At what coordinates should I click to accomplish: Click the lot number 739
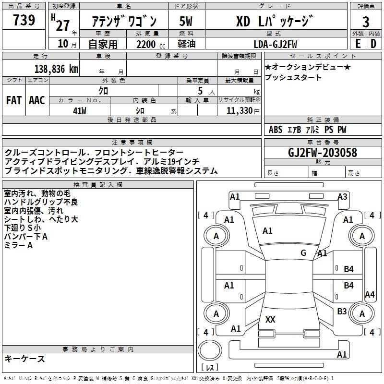pos(24,21)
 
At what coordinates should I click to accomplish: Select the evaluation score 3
pos(366,22)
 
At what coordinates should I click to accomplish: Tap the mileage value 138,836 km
pos(56,69)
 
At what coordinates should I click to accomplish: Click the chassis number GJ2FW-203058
pos(323,153)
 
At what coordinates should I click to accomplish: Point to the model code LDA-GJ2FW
pos(275,44)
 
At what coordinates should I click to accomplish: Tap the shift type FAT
pos(14,100)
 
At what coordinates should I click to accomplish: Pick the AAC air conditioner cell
pos(37,100)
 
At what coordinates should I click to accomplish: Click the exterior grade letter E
pos(358,44)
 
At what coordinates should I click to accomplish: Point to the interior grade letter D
pos(373,44)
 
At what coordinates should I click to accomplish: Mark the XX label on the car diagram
pos(270,320)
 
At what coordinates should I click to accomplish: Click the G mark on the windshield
pos(303,252)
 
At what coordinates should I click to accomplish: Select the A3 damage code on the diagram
pos(342,196)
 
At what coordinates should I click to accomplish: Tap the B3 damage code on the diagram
pos(342,312)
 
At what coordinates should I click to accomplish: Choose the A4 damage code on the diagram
pos(370,295)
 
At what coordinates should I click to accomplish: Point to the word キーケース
pos(25,359)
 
